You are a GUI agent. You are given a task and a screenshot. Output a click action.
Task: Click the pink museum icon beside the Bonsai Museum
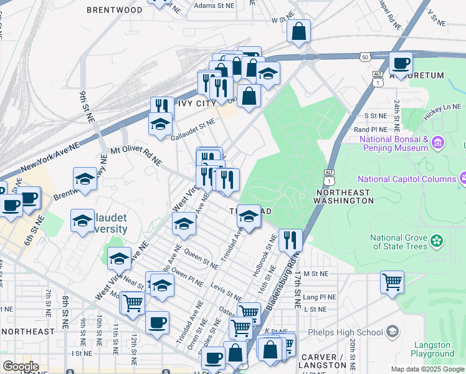click(x=438, y=144)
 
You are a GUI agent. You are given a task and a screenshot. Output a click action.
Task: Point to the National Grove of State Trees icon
click(x=437, y=239)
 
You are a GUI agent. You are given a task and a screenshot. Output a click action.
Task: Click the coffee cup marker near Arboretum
click(x=401, y=64)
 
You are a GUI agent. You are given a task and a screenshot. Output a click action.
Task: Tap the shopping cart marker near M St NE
click(x=392, y=282)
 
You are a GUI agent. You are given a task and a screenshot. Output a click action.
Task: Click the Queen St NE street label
click(x=200, y=260)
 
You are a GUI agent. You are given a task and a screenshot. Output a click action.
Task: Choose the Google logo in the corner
click(x=21, y=367)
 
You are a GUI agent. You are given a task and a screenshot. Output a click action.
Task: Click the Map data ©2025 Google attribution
click(x=427, y=369)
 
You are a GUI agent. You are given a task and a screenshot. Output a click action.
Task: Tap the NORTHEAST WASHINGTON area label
click(x=353, y=196)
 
